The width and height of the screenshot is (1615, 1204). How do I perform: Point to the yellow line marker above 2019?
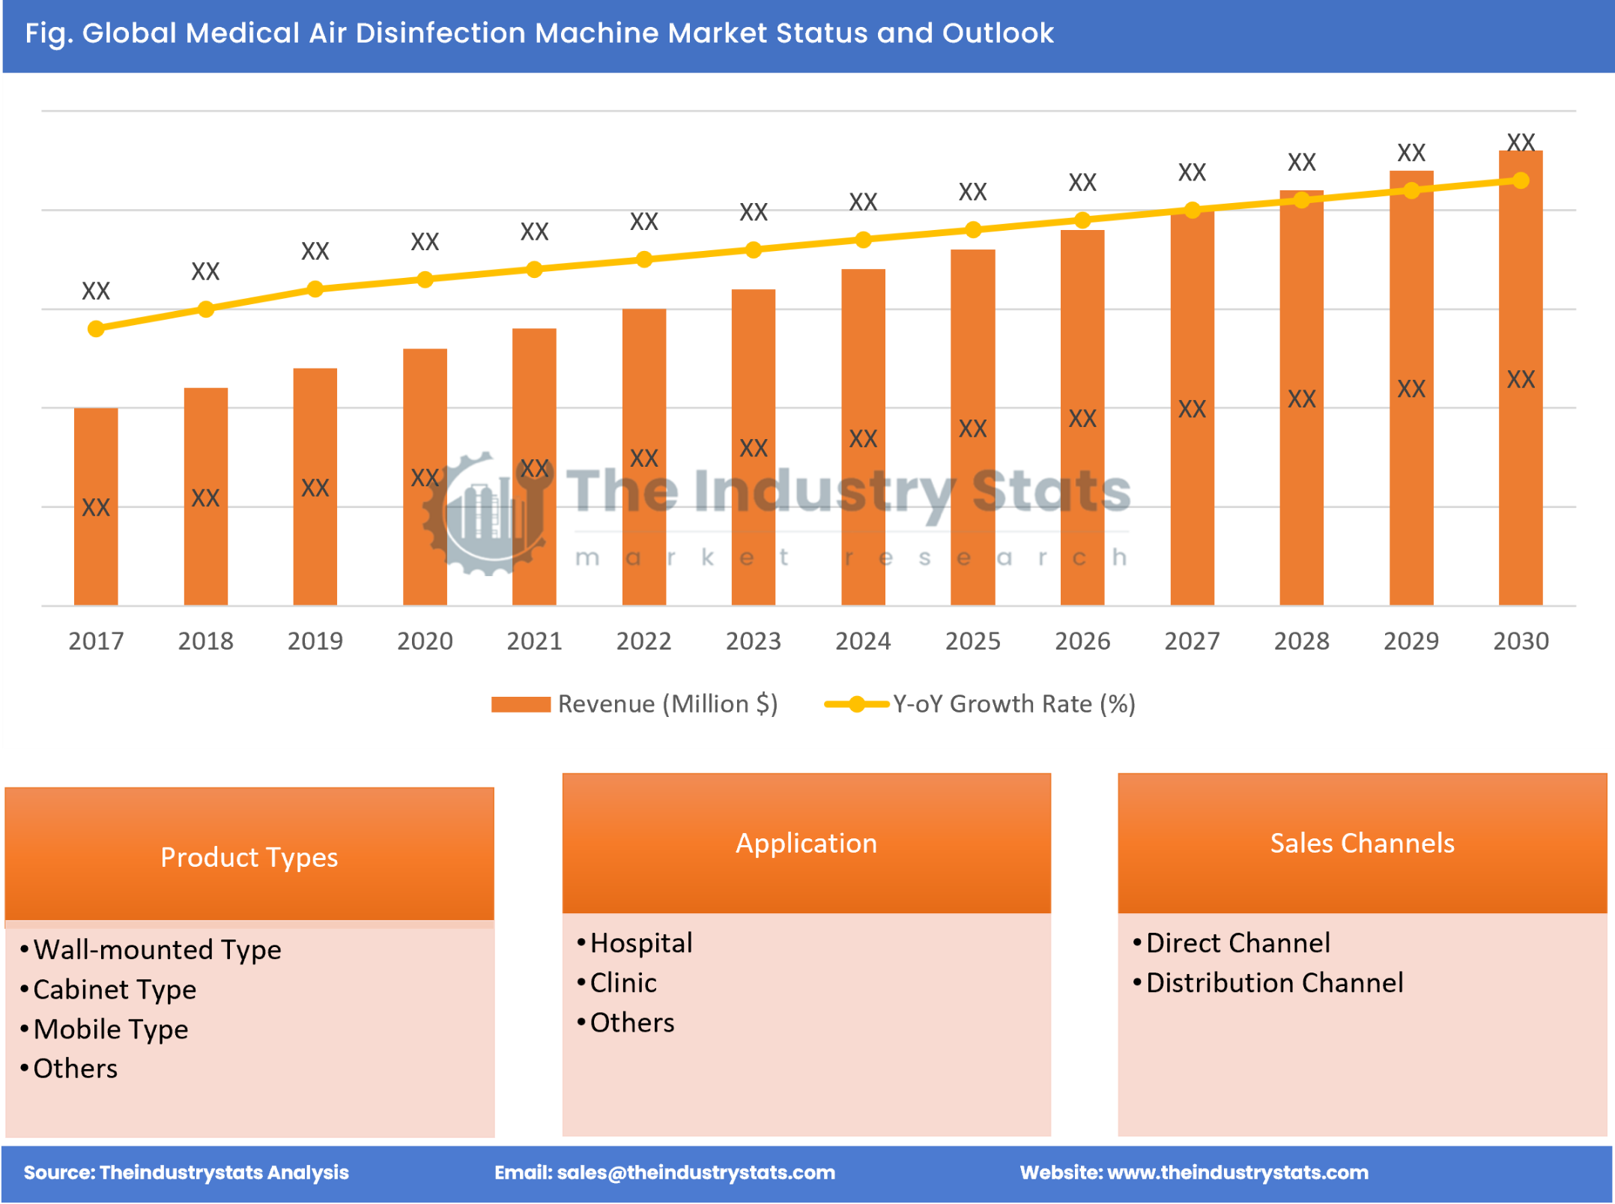coord(315,289)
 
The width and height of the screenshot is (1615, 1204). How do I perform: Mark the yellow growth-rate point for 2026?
coord(1082,220)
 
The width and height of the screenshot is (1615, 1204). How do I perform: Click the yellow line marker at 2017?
coord(96,329)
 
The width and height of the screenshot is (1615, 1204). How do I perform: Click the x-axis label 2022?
coord(643,641)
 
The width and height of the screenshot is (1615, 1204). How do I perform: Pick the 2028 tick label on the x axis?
coord(1301,641)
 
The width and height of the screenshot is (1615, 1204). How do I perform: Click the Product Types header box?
coord(249,856)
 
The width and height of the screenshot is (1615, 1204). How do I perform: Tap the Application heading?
coord(806,843)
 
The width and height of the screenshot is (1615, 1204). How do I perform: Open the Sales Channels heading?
coord(1362,843)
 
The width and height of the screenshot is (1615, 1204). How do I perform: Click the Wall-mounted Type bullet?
coord(157,950)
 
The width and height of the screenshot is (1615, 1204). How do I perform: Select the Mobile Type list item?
coord(111,1029)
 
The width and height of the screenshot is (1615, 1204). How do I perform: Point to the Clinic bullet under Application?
coord(623,983)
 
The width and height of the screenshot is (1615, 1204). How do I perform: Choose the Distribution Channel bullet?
coord(1274,983)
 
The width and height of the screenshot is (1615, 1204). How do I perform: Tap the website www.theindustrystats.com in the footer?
coord(1237,1173)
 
